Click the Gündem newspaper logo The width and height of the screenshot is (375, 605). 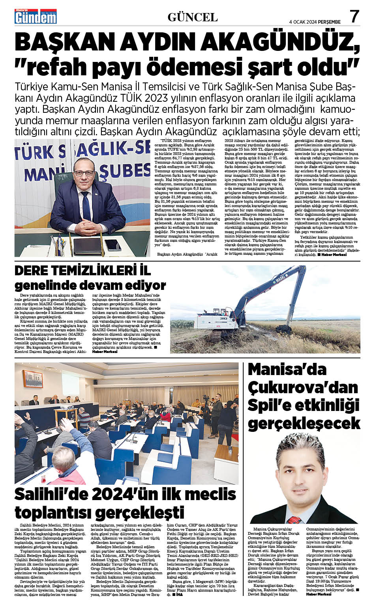click(36, 17)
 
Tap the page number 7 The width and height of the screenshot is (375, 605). click(355, 16)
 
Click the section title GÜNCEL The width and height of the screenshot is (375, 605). click(193, 17)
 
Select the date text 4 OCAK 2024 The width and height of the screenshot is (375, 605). click(303, 22)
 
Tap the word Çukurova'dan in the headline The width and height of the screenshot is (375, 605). click(303, 387)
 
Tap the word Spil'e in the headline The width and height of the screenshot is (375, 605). click(268, 405)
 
